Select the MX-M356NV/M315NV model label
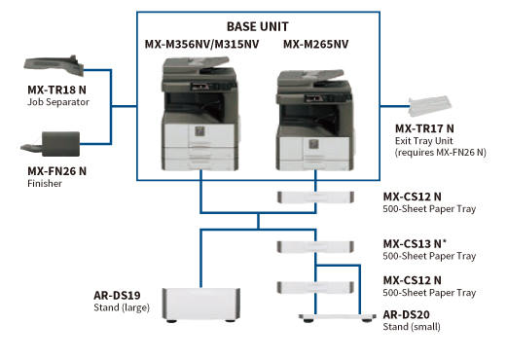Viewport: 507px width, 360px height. [201, 44]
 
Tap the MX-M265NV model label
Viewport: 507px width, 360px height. [317, 44]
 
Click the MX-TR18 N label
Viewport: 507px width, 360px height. [56, 90]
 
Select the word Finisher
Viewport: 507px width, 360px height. [45, 182]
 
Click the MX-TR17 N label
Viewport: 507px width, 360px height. [424, 128]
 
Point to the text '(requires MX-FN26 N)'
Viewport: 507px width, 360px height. [441, 152]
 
